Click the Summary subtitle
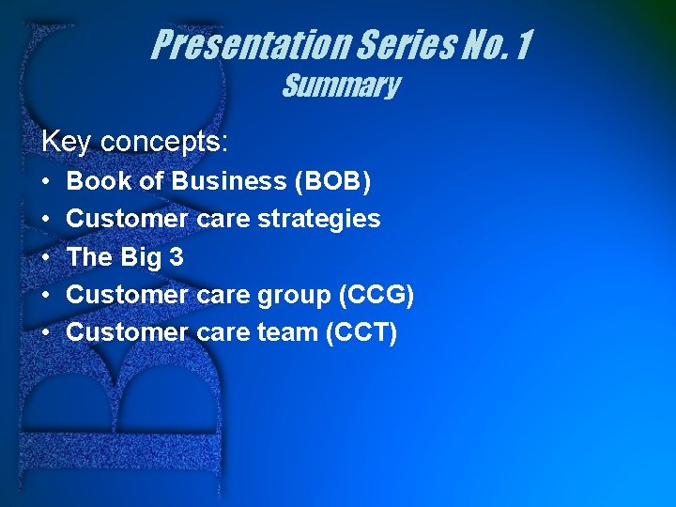[341, 86]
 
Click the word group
[291, 295]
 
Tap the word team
[286, 332]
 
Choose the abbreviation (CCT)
[361, 332]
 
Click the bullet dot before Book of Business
[46, 181]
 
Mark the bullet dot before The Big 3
[46, 257]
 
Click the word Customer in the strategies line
[128, 219]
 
